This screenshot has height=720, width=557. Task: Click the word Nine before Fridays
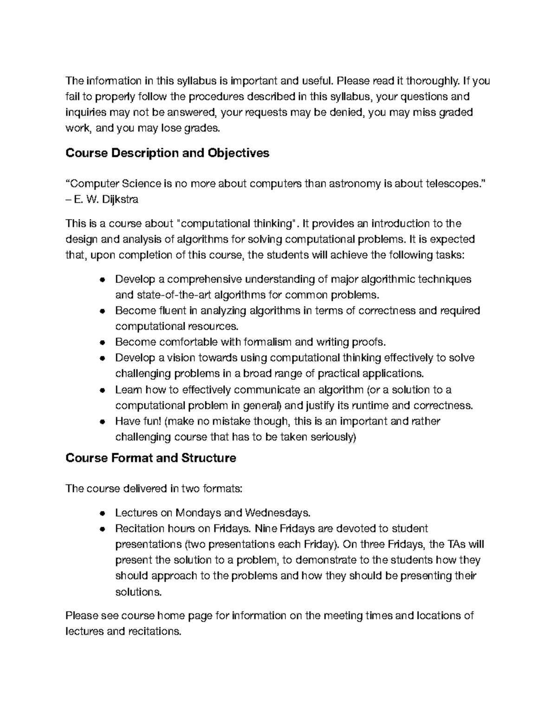click(x=266, y=529)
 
